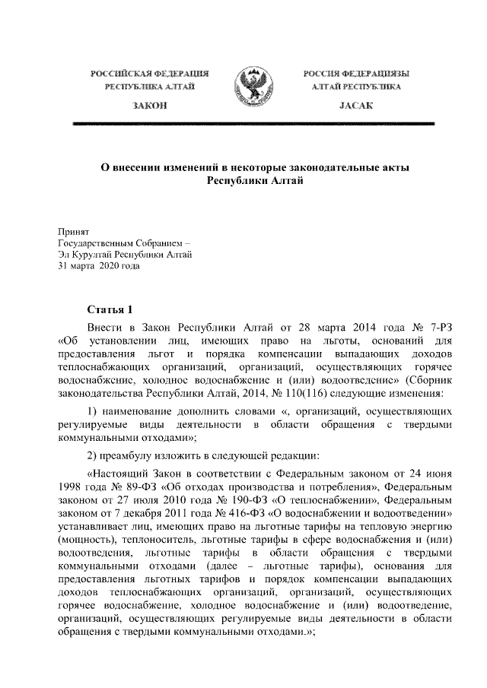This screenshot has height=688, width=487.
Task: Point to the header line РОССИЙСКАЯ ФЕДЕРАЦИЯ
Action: (149, 74)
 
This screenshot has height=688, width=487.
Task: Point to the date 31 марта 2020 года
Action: (99, 267)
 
